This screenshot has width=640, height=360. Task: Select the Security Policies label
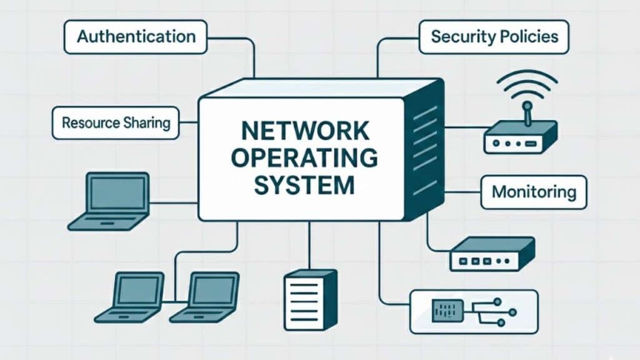point(494,37)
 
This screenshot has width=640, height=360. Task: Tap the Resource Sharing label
point(116,122)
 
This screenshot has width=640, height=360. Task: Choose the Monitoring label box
point(533,192)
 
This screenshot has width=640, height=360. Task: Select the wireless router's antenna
point(526,112)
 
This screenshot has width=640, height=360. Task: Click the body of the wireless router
point(520,139)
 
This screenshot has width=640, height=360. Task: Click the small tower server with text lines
point(309,299)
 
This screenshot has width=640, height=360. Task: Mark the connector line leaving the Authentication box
point(254,56)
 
